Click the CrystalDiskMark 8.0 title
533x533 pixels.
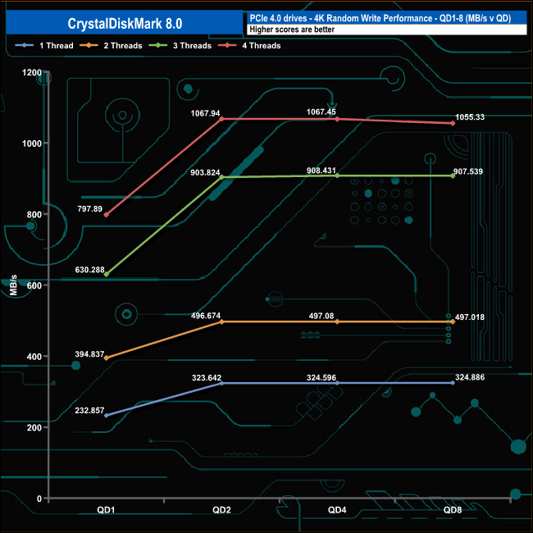125,24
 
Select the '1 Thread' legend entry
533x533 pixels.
44,46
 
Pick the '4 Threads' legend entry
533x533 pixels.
249,46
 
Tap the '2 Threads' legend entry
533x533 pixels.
111,46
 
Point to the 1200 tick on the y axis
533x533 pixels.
32,72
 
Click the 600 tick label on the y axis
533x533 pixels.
34,285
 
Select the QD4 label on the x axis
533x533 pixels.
337,510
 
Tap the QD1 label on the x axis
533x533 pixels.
106,510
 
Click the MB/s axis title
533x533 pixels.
14,285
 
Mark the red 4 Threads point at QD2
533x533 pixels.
221,119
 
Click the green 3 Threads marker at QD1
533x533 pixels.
107,275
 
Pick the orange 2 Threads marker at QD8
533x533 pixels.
453,321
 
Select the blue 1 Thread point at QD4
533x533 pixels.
337,383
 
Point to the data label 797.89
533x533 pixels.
89,209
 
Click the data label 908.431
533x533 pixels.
321,171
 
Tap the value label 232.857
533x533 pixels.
89,410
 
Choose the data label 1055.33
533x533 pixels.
470,117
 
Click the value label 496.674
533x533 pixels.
206,316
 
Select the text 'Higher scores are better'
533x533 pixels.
292,30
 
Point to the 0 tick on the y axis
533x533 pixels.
39,499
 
